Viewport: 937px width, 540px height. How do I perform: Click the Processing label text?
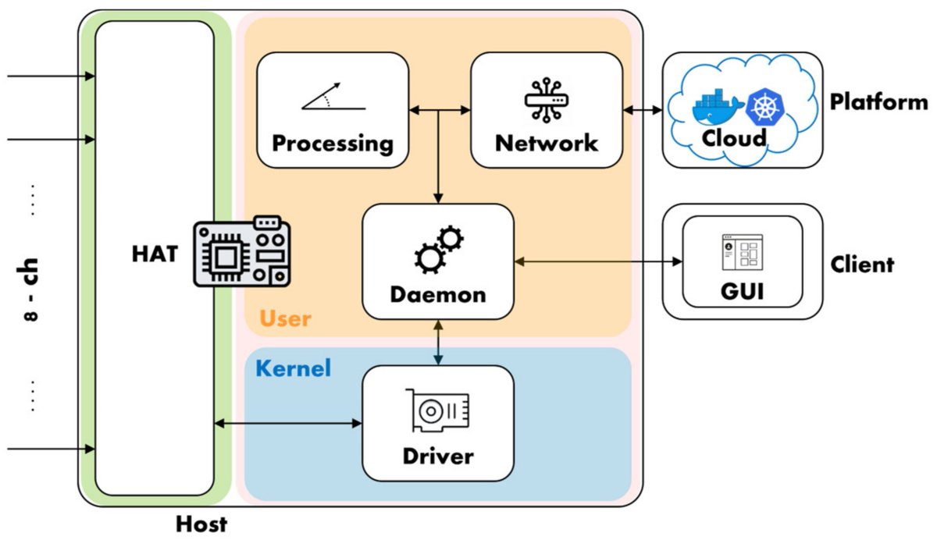coord(333,144)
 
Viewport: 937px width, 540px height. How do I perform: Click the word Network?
coord(546,144)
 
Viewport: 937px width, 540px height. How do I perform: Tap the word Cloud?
coord(734,139)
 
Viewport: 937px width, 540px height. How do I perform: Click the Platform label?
coord(878,102)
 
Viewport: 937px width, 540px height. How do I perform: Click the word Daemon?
coord(437,295)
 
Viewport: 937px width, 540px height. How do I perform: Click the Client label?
coord(862,264)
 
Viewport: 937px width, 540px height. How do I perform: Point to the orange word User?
coord(285,318)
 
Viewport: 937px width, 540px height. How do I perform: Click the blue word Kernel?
coord(293,368)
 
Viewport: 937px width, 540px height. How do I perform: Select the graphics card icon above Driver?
coord(438,410)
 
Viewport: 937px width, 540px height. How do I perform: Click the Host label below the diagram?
coord(201,524)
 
